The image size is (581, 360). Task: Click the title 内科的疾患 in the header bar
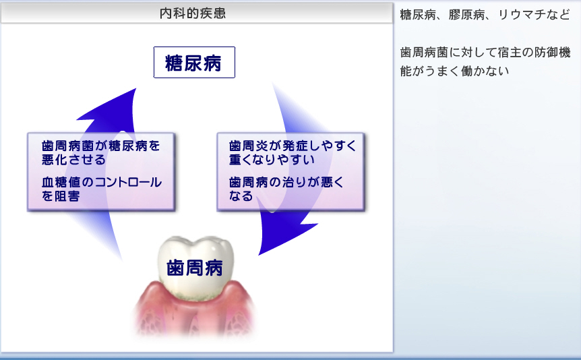click(x=193, y=13)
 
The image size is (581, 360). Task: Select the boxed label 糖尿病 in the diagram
click(x=194, y=62)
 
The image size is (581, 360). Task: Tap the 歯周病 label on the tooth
click(x=195, y=268)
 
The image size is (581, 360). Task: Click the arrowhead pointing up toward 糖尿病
click(x=111, y=107)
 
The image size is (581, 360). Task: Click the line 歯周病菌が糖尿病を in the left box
click(x=101, y=146)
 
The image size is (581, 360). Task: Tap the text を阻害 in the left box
click(x=61, y=196)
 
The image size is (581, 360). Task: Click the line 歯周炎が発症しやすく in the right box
click(x=293, y=146)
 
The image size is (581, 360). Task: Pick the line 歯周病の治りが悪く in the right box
click(x=286, y=182)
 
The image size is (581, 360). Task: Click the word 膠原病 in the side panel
click(x=466, y=15)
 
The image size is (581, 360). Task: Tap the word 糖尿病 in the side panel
click(x=418, y=15)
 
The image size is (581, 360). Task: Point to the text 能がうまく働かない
click(x=455, y=71)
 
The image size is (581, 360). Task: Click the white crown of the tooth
click(x=195, y=267)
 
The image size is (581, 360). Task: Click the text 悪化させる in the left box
click(x=73, y=159)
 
